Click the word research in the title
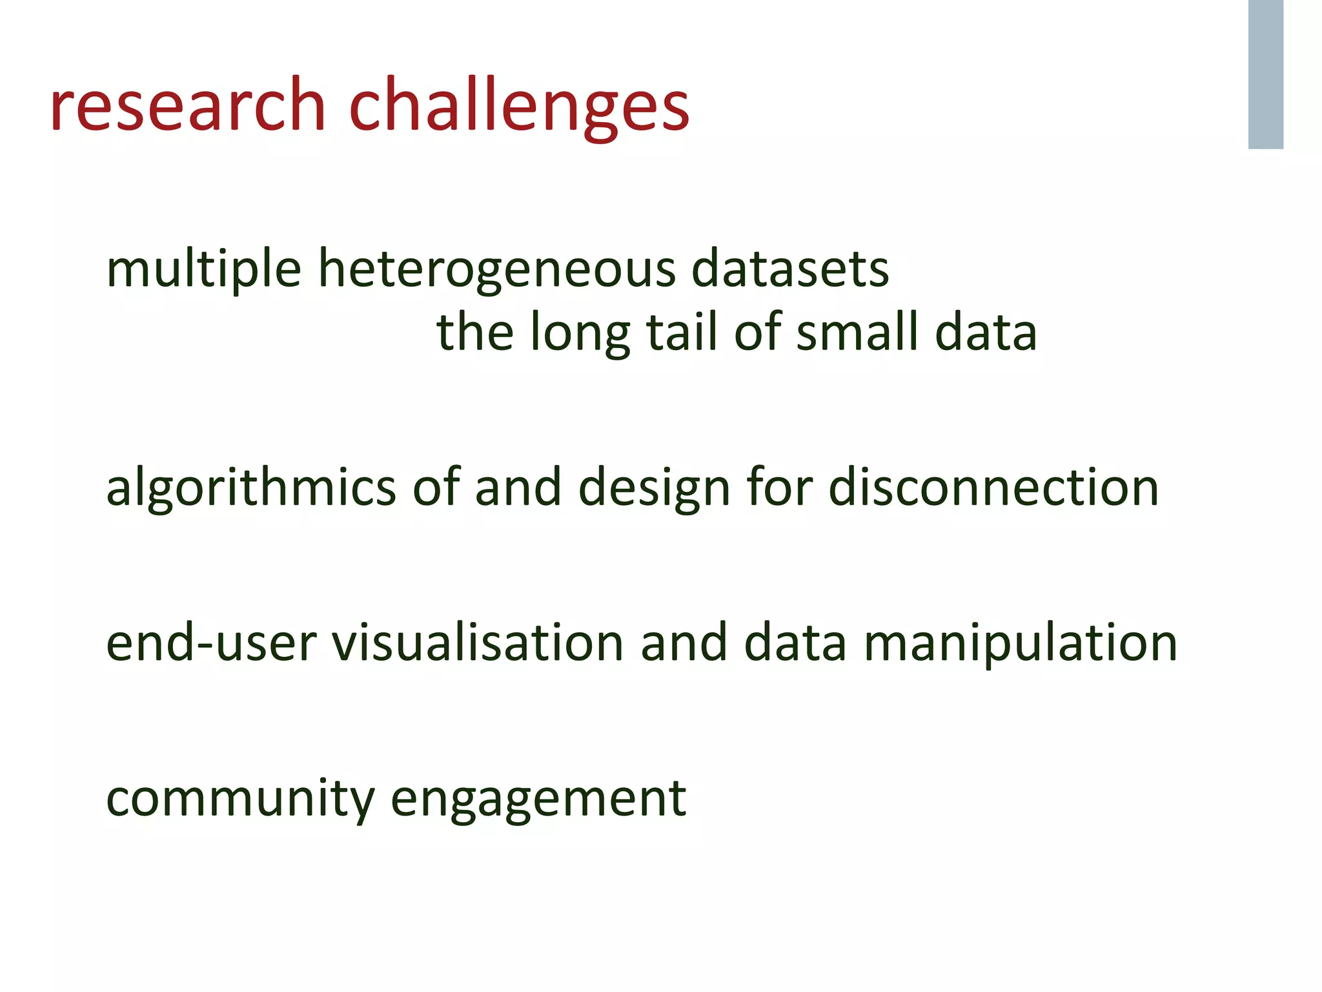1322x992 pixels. (187, 105)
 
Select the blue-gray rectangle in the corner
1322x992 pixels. (1265, 74)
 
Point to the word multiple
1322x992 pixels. (203, 268)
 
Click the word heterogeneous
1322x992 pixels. (497, 268)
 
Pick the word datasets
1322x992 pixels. (790, 268)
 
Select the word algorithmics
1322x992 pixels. (251, 488)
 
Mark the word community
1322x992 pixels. (240, 799)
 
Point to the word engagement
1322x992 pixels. (538, 799)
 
